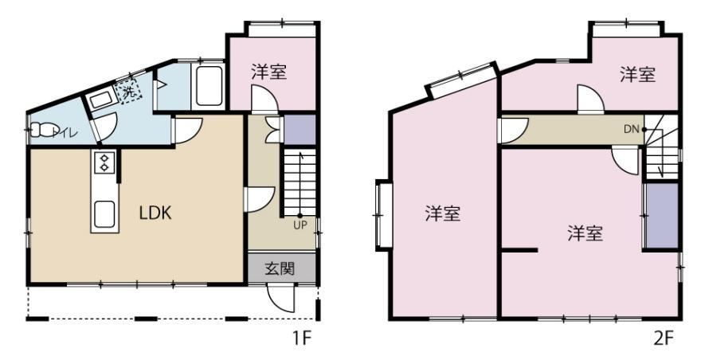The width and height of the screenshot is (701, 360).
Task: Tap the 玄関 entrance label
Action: point(280,268)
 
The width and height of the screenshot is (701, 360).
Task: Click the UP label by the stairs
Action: point(300,224)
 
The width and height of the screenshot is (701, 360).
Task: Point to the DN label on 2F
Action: point(631,128)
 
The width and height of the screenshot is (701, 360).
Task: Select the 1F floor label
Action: point(300,338)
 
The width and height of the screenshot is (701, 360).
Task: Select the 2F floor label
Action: point(664,338)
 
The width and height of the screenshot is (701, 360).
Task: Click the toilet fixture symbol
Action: point(42,129)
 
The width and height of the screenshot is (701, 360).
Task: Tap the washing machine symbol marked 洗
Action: point(127,89)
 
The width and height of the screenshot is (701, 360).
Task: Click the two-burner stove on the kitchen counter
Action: point(104,162)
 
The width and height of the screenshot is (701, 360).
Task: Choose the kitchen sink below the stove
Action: point(104,213)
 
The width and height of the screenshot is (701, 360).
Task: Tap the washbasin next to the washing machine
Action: point(100,100)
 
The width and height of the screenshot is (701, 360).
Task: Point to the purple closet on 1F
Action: point(300,130)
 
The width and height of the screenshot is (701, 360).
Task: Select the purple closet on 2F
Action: point(660,215)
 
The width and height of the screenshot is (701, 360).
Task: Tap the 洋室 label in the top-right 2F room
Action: point(638,75)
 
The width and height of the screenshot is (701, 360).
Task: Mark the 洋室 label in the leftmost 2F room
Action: point(442,213)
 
